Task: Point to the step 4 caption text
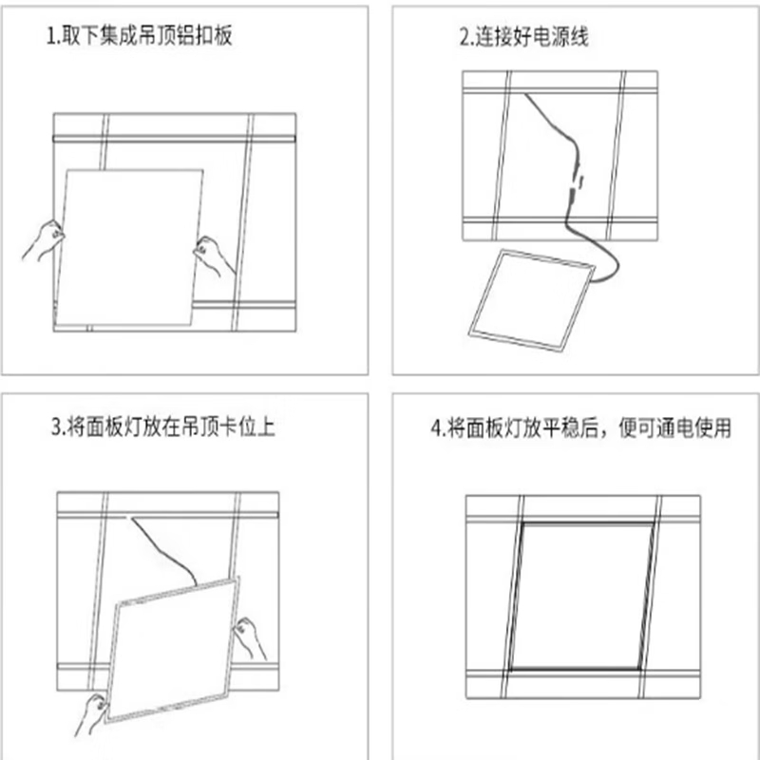580,428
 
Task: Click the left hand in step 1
44,240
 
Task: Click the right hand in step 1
213,255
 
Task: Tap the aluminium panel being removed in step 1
128,247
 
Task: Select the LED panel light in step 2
532,300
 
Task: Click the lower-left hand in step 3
91,713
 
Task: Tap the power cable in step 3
163,549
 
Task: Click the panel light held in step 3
172,650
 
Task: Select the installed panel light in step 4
580,597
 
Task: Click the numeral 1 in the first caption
50,36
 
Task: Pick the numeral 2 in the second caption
465,38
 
